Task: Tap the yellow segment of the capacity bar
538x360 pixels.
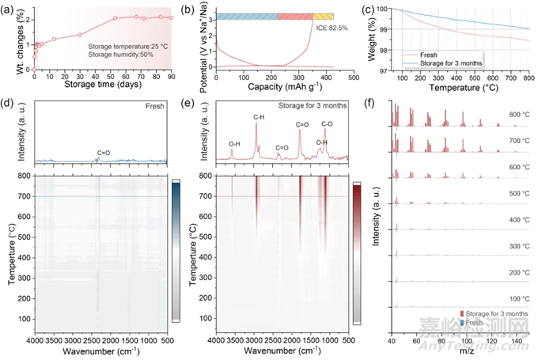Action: (323, 16)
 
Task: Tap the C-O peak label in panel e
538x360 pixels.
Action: (327, 123)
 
